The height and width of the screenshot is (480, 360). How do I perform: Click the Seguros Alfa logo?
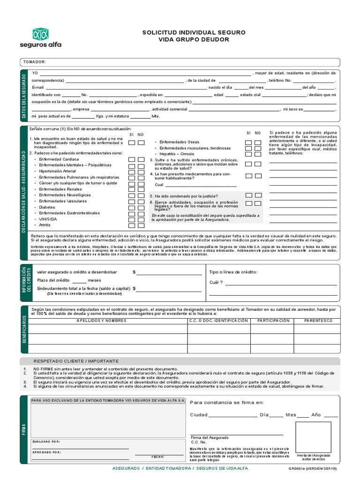(40, 37)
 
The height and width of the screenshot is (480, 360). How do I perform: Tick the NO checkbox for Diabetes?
(141, 207)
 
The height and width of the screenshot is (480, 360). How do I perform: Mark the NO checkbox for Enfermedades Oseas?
(258, 142)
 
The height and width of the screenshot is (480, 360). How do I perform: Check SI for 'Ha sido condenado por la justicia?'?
(249, 195)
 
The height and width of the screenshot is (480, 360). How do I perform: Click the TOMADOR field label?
(34, 62)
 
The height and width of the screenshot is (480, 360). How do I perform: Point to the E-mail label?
(37, 88)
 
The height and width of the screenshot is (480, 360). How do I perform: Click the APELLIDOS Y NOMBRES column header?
(101, 321)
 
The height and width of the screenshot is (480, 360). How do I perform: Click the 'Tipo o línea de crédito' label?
(233, 272)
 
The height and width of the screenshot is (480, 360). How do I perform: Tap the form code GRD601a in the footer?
(297, 468)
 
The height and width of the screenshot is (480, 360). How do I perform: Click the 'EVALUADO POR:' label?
(46, 442)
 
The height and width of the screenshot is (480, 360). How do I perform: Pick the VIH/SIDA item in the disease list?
(48, 219)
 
